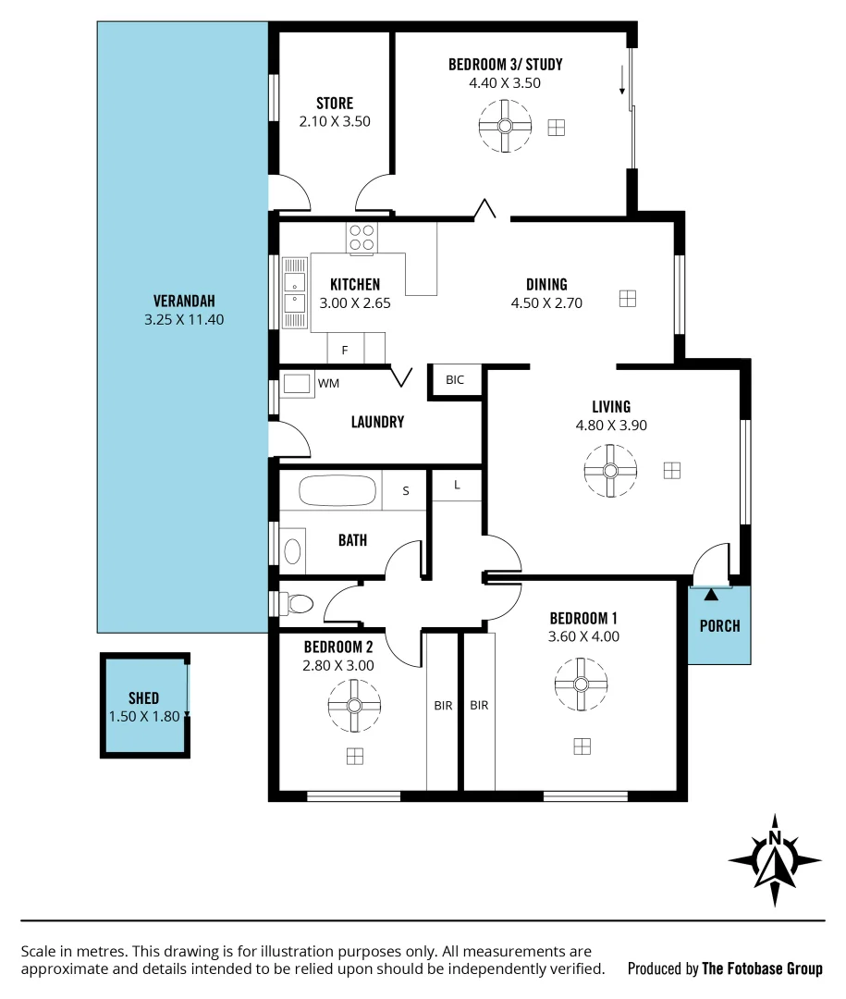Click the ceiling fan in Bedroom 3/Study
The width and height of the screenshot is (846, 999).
506,127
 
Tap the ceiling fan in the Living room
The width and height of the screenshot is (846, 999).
610,471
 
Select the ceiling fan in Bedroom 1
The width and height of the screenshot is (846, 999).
582,684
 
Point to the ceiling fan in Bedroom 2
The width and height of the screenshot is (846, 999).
354,706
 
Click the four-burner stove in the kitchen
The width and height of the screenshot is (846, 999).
362,239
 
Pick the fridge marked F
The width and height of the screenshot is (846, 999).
346,350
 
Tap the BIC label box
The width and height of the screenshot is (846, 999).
455,380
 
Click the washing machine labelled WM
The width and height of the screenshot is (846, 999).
299,383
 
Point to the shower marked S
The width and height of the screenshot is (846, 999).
405,491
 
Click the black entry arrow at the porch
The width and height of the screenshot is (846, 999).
710,593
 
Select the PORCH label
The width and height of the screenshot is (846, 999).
719,626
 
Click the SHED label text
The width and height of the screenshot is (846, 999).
143,698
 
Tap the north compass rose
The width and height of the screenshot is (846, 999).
775,860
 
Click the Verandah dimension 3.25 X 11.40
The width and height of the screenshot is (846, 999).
184,320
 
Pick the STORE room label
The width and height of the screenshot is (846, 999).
334,104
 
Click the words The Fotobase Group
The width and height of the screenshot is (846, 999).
762,968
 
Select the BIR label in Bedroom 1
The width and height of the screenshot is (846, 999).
479,706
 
